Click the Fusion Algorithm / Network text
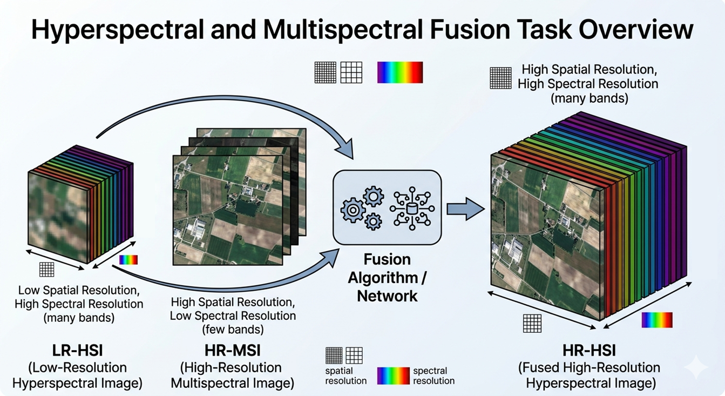[387, 277]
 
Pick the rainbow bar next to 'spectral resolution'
[393, 375]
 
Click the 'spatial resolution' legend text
[346, 375]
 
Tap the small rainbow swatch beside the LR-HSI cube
[128, 260]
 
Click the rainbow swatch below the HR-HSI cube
[656, 320]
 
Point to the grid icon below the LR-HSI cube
[47, 269]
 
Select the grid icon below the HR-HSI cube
[532, 324]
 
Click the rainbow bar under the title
[399, 72]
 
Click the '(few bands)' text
[233, 328]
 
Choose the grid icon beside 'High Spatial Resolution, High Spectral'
[500, 78]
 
